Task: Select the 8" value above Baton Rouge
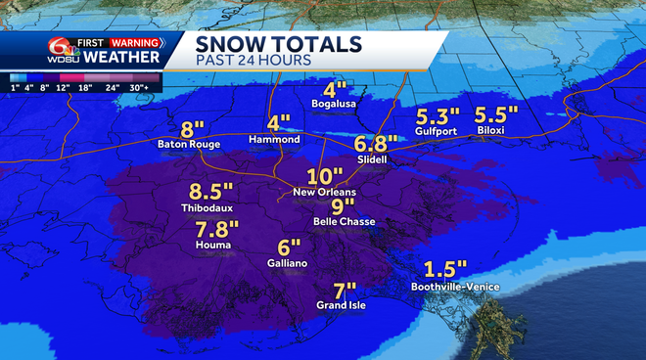click(192, 128)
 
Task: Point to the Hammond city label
click(275, 140)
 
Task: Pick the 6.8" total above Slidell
click(376, 142)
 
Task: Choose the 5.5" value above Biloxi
click(495, 112)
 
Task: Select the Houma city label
click(212, 245)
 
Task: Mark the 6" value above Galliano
click(288, 247)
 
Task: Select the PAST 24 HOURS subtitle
click(254, 61)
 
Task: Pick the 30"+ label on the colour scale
click(142, 86)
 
